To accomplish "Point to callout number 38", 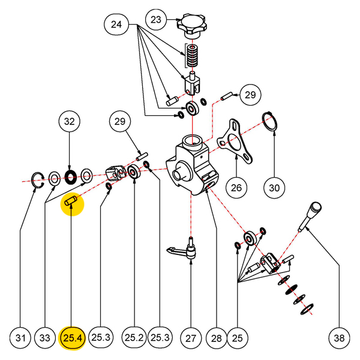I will click(340, 338).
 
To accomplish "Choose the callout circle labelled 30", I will click(274, 188).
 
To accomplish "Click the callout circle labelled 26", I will click(236, 188).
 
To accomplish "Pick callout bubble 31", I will click(21, 338).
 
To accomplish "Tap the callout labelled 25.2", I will click(133, 338).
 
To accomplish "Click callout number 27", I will click(191, 338).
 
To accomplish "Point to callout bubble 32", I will click(70, 122).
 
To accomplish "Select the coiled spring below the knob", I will click(191, 56).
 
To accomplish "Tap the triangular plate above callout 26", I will click(235, 140).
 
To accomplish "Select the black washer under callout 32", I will click(70, 176).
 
